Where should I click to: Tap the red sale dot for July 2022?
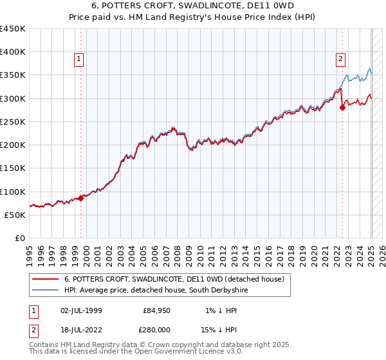(342, 107)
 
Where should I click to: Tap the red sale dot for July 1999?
(81, 198)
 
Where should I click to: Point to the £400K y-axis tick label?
(13, 52)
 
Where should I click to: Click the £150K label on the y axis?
(13, 168)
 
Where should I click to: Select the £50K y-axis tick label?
(15, 215)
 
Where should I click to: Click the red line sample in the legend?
(45, 279)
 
